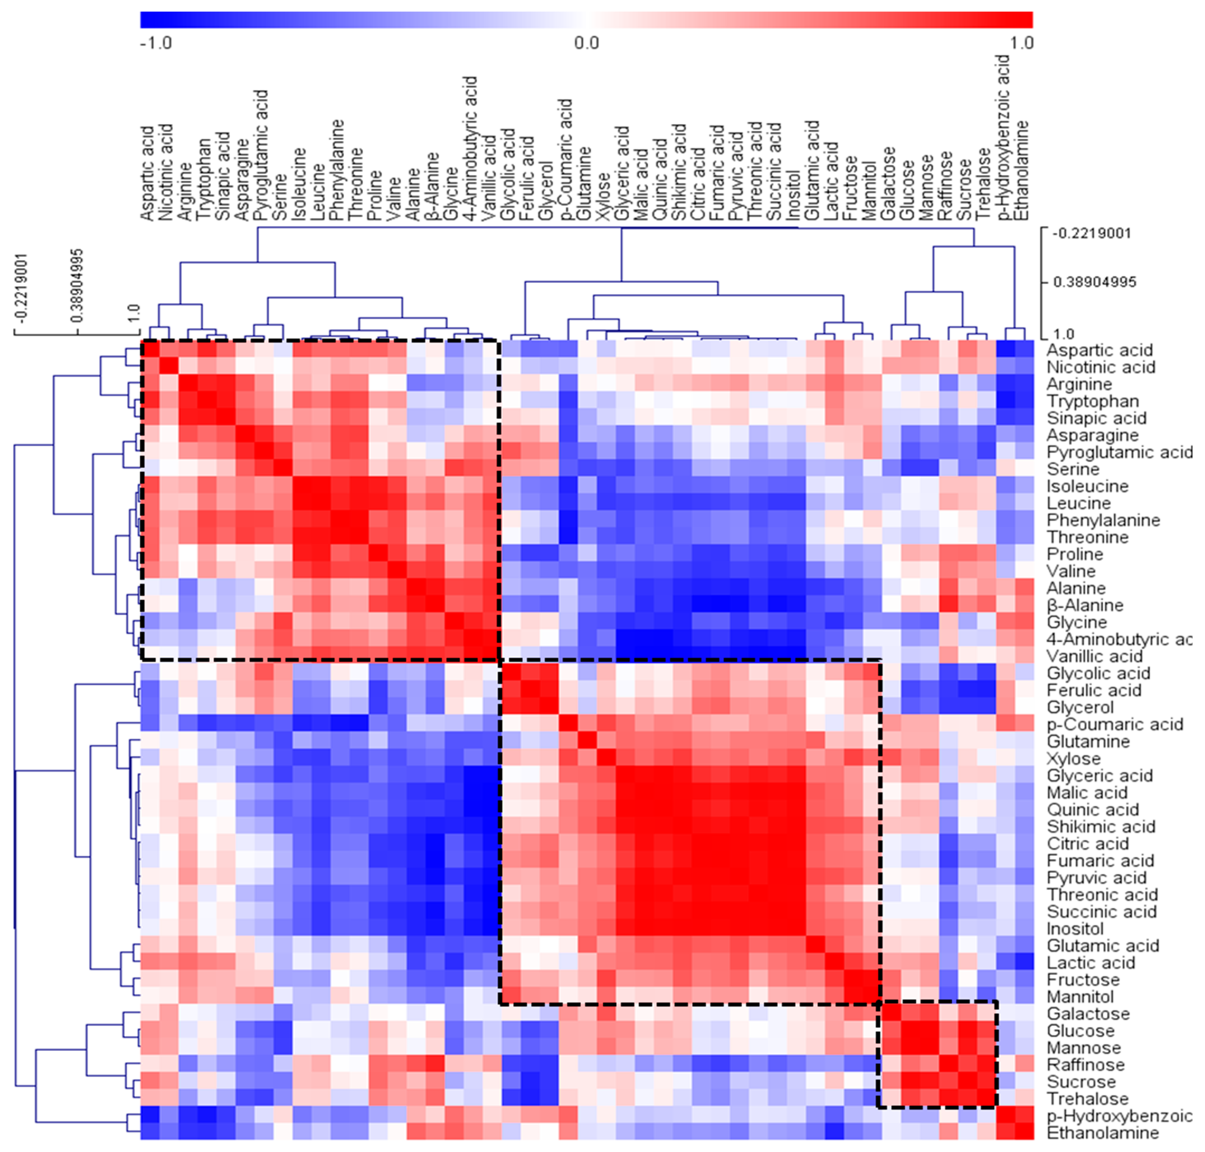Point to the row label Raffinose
point(1085,1065)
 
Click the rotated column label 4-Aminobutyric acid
point(470,148)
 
